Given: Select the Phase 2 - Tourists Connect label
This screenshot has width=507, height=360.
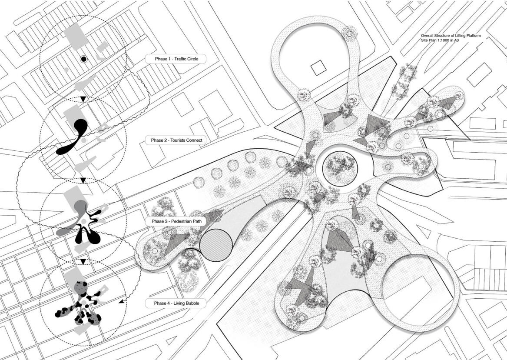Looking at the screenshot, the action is point(176,140).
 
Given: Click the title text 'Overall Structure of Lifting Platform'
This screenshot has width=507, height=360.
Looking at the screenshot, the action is point(451,36).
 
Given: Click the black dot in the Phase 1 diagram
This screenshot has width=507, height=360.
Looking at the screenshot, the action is point(84,59).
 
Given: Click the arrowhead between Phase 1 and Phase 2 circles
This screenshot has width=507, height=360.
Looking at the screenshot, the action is point(83,99).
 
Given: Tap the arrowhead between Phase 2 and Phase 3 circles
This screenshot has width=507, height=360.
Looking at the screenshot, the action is point(83,180).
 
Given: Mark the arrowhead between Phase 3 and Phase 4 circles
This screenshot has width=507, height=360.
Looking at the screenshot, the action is point(83,262).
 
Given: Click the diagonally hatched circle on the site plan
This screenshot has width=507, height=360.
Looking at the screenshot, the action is point(216,245).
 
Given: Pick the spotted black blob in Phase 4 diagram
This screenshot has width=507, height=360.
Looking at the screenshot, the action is point(79,304).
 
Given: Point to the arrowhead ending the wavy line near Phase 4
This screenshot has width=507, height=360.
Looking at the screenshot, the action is point(121,302).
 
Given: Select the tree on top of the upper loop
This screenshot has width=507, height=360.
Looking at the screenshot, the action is point(349,33).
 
